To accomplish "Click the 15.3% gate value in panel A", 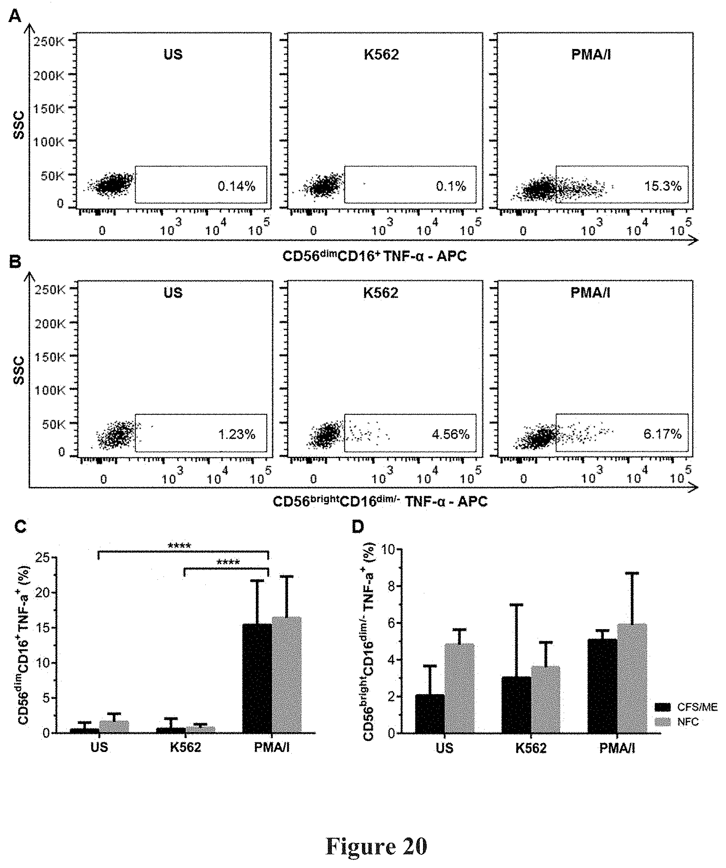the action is [x=663, y=186].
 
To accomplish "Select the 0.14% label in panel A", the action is [x=237, y=186].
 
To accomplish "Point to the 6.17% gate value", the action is [x=662, y=434].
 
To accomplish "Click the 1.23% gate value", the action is [x=237, y=434].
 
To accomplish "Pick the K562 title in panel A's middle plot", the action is [x=381, y=55].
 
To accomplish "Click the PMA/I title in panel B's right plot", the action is [x=590, y=293].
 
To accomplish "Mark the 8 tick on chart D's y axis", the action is [x=391, y=586].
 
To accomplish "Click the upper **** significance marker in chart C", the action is [x=180, y=546].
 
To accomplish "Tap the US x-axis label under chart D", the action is [x=445, y=748].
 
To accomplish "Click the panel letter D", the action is [x=358, y=527].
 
